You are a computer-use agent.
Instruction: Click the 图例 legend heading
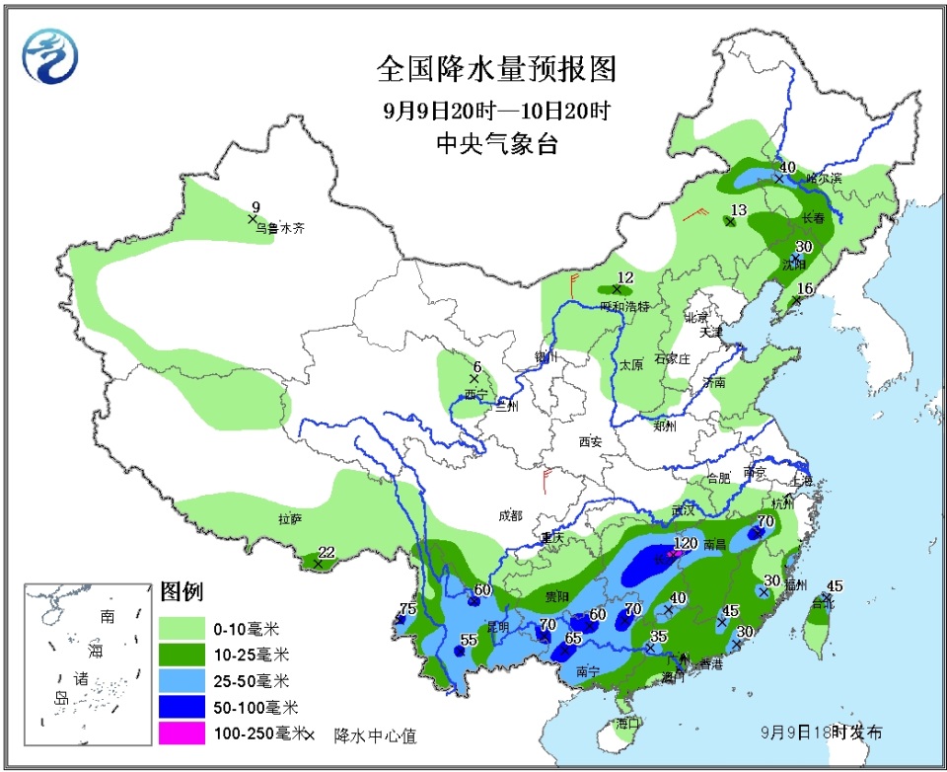click(181, 592)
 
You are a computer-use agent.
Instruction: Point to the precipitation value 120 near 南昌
click(685, 544)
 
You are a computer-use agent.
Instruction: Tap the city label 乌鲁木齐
click(280, 228)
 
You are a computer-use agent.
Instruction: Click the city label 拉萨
click(289, 518)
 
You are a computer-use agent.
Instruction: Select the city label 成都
click(511, 515)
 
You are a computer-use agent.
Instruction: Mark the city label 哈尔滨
click(824, 179)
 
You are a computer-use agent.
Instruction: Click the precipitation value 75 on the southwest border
click(407, 608)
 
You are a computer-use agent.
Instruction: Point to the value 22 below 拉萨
click(327, 552)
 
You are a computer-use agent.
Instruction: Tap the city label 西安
click(590, 442)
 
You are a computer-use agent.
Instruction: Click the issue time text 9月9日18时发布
click(822, 732)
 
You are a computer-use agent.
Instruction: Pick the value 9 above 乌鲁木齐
click(255, 206)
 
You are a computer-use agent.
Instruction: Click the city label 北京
click(696, 317)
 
